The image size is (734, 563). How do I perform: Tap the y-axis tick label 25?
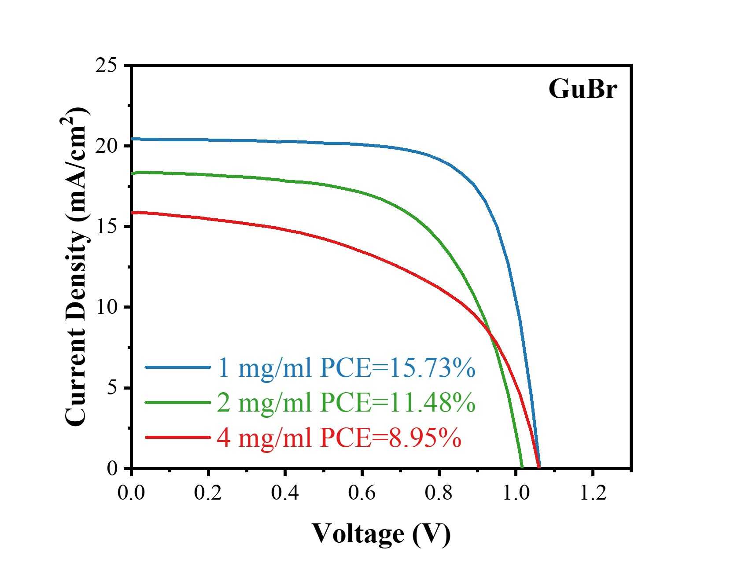[106, 66]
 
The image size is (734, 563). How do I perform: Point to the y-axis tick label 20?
[106, 146]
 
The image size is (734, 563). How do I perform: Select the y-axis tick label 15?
[106, 227]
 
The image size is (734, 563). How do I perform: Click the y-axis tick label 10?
[106, 307]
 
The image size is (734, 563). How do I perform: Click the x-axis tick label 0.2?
[208, 493]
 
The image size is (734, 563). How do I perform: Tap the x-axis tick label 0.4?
[285, 493]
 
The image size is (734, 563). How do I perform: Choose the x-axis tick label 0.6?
[362, 493]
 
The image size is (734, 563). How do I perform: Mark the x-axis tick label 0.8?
[439, 493]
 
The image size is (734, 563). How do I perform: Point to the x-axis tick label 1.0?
[516, 493]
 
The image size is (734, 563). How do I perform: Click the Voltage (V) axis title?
[381, 534]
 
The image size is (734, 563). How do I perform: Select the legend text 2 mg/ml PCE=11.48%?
[346, 402]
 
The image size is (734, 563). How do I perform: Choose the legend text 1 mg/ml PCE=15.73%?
[346, 368]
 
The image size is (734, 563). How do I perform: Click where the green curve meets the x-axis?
[522, 468]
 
